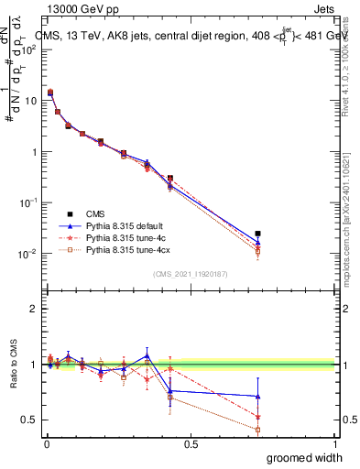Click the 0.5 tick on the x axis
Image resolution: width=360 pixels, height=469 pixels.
[191, 443]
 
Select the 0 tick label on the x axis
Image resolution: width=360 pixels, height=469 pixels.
[47, 443]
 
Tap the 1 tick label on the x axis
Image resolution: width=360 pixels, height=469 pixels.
[334, 443]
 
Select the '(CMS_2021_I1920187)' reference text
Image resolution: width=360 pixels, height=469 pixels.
[191, 273]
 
